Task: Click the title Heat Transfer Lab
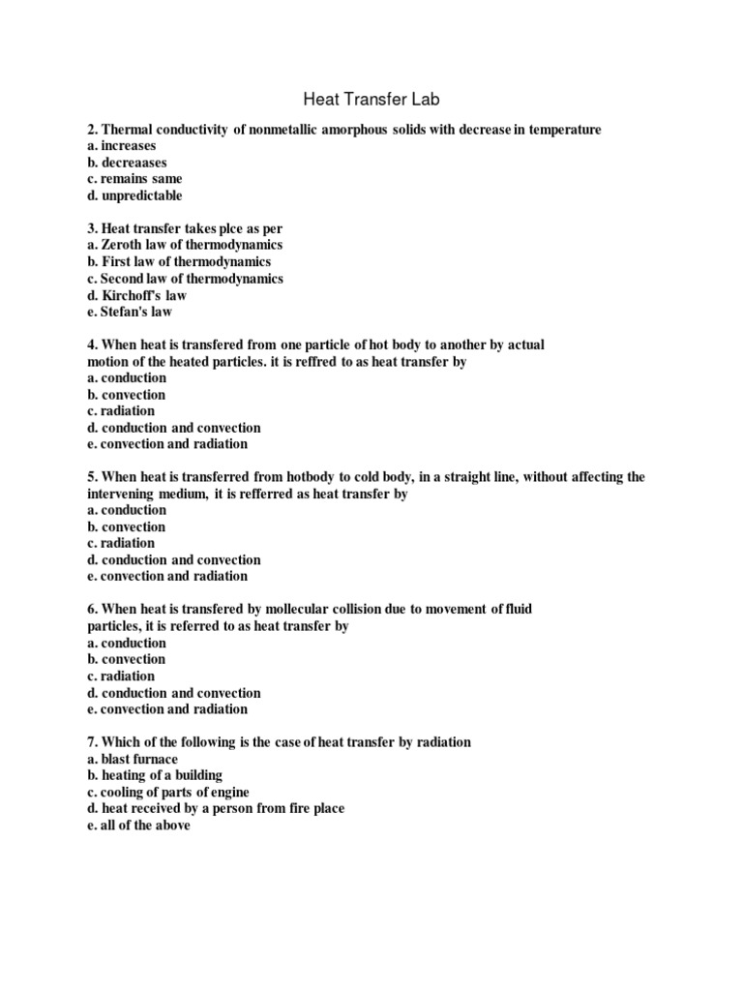pos(371,99)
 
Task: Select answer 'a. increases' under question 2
pos(121,146)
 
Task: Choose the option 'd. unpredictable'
pos(134,195)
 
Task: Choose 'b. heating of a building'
pos(155,775)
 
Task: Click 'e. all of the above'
pos(138,825)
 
